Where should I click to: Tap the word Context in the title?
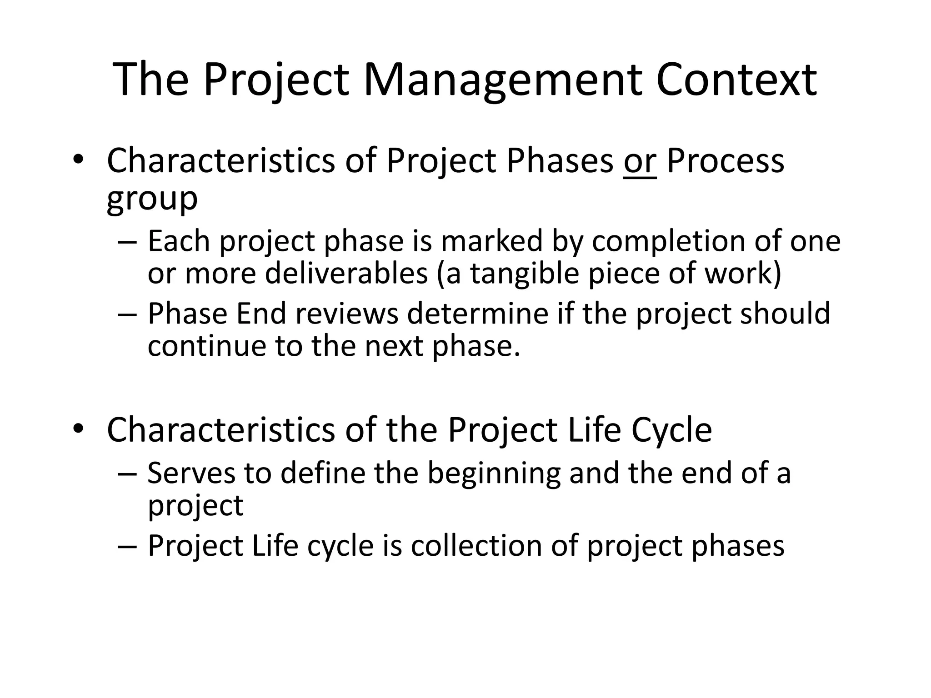tap(736, 80)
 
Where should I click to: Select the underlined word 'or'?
tap(640, 161)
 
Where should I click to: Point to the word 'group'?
tap(152, 198)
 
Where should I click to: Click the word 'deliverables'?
tap(346, 274)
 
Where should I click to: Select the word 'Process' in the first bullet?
tap(726, 161)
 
